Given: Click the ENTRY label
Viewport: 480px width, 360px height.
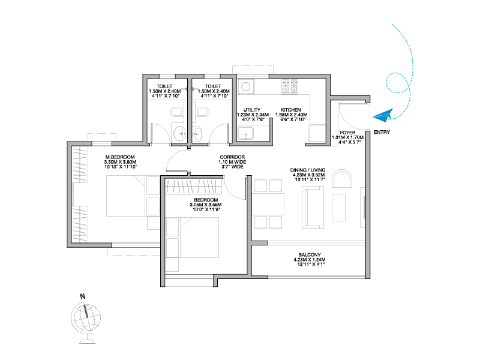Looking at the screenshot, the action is tap(382, 132).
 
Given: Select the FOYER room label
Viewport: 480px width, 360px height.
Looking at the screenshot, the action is tap(348, 133).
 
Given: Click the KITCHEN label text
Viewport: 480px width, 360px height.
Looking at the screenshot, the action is tap(290, 110).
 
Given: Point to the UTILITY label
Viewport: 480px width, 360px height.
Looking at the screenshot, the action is tap(252, 110).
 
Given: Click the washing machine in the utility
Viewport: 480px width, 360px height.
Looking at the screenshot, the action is tap(245, 86).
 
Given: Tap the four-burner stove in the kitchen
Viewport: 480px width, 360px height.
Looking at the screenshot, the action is tap(290, 86).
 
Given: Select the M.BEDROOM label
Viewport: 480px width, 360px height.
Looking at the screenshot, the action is tap(120, 157).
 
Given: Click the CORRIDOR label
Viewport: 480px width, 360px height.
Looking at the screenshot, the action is tap(232, 157).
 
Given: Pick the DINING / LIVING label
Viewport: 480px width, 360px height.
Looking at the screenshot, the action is tap(308, 170).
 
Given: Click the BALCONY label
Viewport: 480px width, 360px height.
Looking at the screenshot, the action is tap(310, 254).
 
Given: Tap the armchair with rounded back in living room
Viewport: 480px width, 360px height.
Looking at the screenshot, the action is tap(342, 178).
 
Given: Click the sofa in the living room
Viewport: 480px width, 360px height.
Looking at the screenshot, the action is tap(313, 207).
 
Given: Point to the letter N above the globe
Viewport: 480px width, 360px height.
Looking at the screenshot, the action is tap(82, 296).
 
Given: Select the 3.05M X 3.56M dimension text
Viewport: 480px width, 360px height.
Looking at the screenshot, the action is tap(206, 205).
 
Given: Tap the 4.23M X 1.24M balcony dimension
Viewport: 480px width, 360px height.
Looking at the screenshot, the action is tap(310, 260).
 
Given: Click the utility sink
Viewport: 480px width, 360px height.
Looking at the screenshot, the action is tap(246, 133).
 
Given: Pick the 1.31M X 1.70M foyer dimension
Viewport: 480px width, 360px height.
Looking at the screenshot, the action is tap(348, 137).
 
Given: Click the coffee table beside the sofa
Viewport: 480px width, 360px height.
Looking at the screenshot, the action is tap(339, 207).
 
